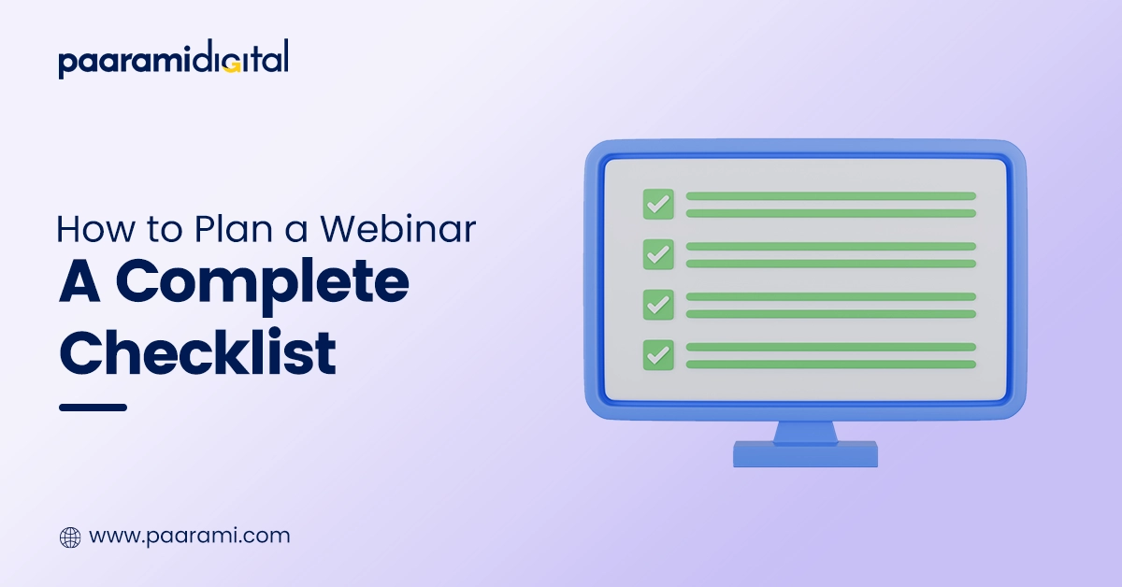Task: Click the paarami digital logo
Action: (x=174, y=60)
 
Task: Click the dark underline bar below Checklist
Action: (x=93, y=408)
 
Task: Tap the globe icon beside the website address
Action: (x=70, y=537)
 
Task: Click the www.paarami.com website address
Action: (x=189, y=537)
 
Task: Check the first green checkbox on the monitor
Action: (x=658, y=204)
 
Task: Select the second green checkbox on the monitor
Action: (x=658, y=254)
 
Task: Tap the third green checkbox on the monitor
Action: (x=658, y=305)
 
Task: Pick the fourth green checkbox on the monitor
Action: (x=658, y=354)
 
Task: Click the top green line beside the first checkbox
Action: (x=830, y=196)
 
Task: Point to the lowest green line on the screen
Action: (x=830, y=365)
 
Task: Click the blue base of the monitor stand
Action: (x=805, y=454)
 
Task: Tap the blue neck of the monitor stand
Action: (x=805, y=431)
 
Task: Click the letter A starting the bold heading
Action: (x=80, y=284)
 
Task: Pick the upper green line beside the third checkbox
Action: (x=830, y=296)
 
